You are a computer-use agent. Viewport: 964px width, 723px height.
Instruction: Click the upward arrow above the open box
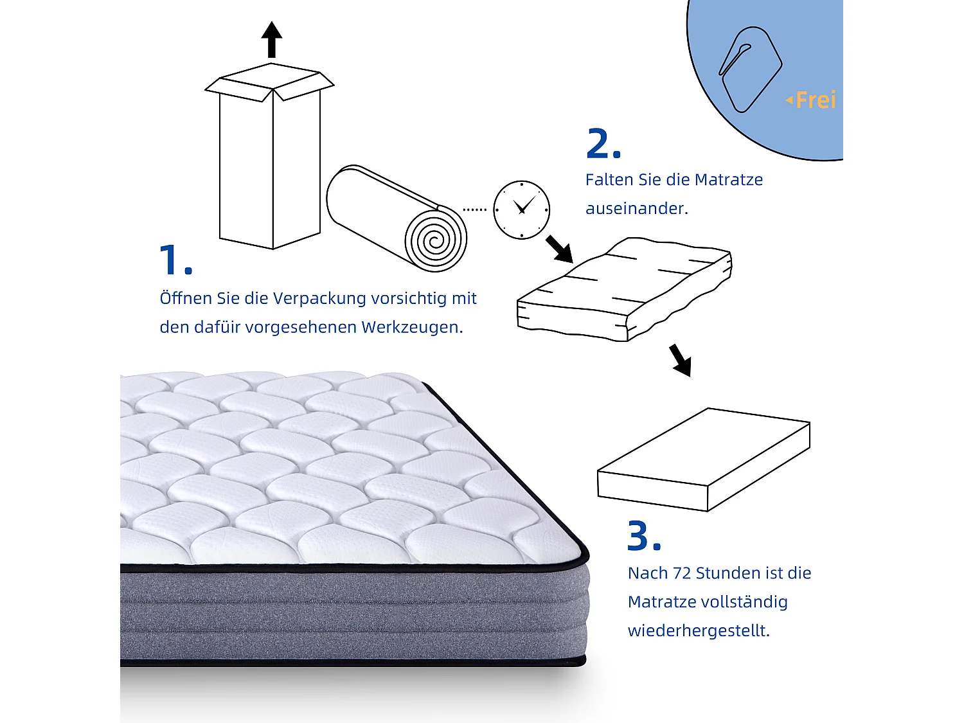pyautogui.click(x=272, y=39)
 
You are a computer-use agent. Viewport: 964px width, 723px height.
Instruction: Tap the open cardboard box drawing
pyautogui.click(x=270, y=161)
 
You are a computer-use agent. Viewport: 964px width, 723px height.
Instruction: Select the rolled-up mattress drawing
pyautogui.click(x=397, y=219)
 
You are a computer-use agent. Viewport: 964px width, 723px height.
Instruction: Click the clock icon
pyautogui.click(x=521, y=210)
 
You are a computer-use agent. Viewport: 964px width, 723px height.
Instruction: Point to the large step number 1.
pyautogui.click(x=175, y=260)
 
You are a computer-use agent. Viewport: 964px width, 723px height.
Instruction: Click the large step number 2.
pyautogui.click(x=603, y=144)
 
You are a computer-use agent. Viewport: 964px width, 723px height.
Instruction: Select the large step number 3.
pyautogui.click(x=643, y=536)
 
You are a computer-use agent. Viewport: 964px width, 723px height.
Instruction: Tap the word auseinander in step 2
pyautogui.click(x=636, y=209)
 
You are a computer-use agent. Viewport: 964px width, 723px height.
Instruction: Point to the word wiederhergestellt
pyautogui.click(x=698, y=631)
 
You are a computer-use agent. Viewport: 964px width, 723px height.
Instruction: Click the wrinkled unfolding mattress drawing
pyautogui.click(x=623, y=289)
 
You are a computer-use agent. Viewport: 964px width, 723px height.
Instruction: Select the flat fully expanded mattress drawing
pyautogui.click(x=704, y=460)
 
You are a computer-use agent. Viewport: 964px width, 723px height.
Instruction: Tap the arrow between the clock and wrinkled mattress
pyautogui.click(x=559, y=249)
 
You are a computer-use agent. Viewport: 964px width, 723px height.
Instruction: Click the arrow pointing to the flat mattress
pyautogui.click(x=680, y=360)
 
